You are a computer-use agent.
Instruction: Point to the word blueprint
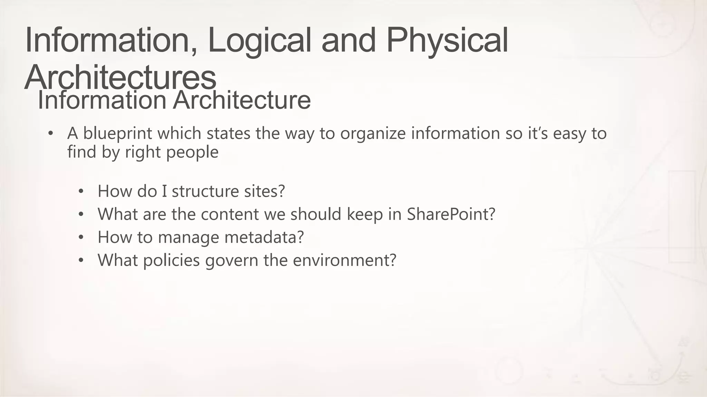(117, 134)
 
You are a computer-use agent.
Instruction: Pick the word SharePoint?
(451, 214)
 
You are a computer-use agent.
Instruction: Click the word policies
(171, 260)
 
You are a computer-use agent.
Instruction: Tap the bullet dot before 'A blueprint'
(51, 133)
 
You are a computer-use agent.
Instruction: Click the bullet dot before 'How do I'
(81, 191)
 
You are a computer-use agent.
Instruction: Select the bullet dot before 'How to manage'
(81, 237)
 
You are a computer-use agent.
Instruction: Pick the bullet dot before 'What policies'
(81, 260)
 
